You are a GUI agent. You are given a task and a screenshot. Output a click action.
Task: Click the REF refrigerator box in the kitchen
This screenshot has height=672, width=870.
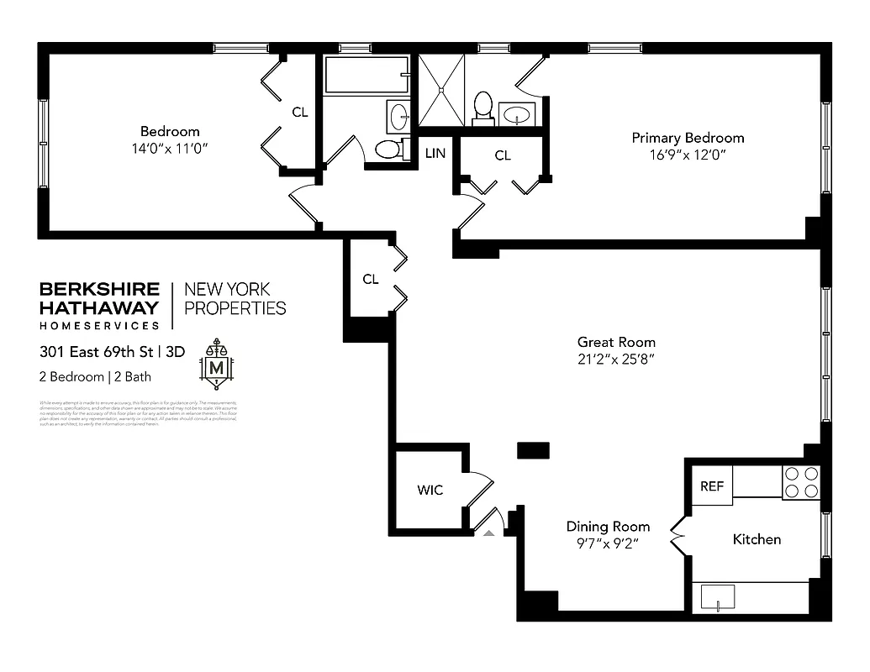pos(711,486)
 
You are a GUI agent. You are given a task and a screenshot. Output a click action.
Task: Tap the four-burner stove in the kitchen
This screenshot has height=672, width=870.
pos(800,482)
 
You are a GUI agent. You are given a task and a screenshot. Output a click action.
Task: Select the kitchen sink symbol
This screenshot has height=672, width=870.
pos(718,596)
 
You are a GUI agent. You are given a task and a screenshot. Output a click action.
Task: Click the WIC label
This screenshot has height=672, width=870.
pos(430,490)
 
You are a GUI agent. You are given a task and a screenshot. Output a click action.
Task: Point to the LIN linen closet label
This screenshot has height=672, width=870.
pos(435,153)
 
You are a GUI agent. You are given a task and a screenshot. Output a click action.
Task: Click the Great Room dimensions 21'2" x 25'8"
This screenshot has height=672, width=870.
pos(615,359)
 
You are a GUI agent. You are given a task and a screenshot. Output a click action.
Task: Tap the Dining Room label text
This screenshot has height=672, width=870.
pos(607,527)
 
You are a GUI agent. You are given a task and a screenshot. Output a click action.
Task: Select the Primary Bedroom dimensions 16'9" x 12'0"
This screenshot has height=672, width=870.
pos(687,155)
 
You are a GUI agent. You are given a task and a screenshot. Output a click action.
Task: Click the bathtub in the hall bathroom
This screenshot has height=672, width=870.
pos(366,75)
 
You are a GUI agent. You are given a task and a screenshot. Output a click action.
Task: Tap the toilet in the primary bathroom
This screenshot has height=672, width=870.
pos(482,107)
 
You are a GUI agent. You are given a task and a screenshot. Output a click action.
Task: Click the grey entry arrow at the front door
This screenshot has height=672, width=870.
pos(488,531)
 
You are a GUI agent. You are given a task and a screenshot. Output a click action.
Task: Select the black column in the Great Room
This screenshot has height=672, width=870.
pos(532,450)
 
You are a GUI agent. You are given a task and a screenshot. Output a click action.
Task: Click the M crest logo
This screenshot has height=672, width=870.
pos(216,365)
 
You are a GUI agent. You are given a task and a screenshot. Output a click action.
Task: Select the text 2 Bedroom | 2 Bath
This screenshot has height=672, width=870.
pos(95,377)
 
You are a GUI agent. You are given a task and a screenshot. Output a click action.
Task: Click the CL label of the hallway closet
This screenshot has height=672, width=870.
pos(371,280)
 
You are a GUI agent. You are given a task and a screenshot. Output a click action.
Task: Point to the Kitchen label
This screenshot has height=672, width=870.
pos(757,539)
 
